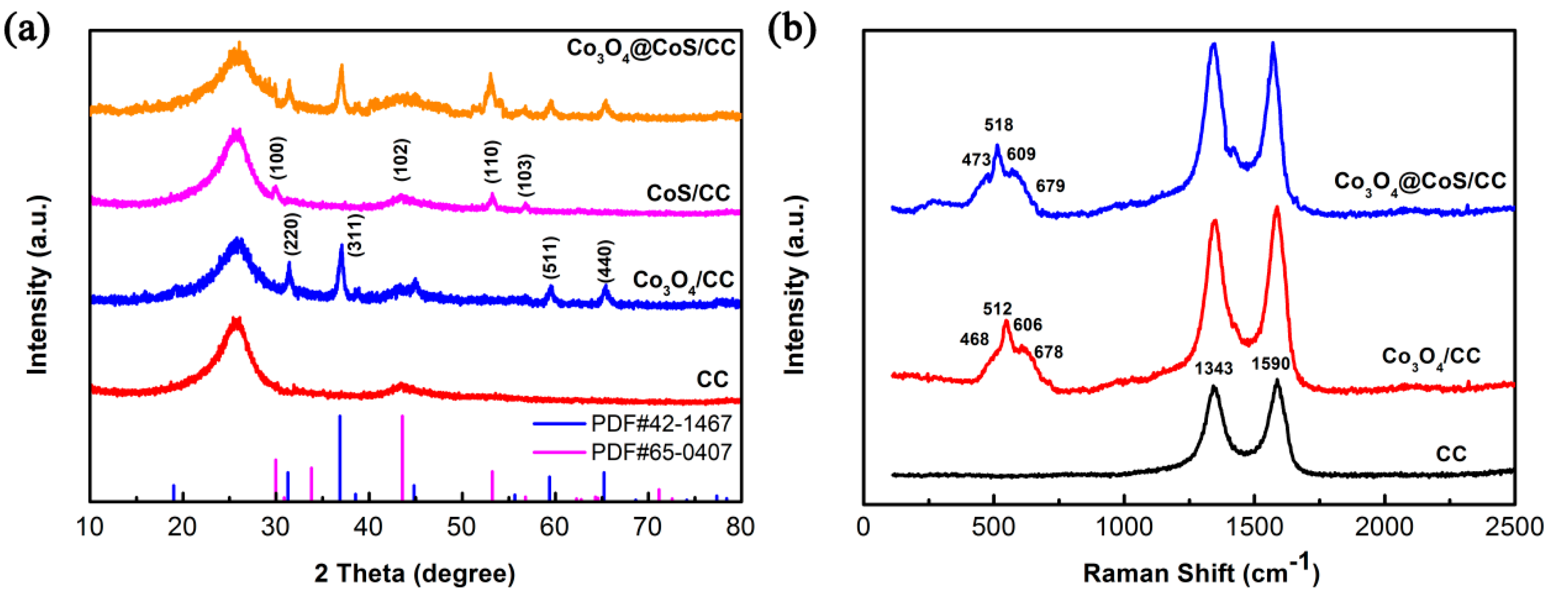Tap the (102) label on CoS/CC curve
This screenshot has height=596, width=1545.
(x=401, y=160)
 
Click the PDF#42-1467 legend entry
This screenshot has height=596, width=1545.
(x=660, y=424)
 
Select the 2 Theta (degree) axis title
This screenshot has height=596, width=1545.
(x=415, y=574)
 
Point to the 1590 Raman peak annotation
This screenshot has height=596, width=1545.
(x=1270, y=364)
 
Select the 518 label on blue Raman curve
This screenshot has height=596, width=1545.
(x=998, y=125)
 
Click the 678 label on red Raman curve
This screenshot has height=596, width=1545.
(x=1049, y=352)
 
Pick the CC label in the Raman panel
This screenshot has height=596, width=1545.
(x=1451, y=454)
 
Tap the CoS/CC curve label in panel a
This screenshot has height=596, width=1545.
(x=688, y=193)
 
